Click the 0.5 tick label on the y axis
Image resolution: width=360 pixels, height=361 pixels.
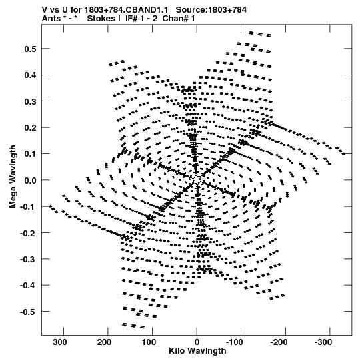tap(30, 49)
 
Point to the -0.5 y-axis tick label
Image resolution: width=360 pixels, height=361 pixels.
tap(28, 312)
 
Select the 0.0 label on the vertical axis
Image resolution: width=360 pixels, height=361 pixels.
tap(30, 180)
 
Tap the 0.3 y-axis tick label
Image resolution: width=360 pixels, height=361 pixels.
tap(30, 101)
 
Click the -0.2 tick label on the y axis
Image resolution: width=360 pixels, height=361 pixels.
tap(28, 233)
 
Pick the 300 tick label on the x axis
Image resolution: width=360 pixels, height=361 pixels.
tap(60, 342)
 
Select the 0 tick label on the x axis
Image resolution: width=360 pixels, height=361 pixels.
tap(197, 342)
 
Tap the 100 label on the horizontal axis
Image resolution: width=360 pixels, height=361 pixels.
tap(149, 342)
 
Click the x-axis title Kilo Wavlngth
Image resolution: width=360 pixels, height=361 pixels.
tap(197, 351)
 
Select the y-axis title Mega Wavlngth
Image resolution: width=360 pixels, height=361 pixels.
tap(13, 177)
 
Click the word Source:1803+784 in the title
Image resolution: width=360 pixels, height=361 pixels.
tap(211, 10)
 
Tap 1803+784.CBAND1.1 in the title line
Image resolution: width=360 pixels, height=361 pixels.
tap(126, 10)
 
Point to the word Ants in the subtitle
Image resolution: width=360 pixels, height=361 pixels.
tap(51, 19)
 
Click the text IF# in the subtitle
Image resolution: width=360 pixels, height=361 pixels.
tap(131, 19)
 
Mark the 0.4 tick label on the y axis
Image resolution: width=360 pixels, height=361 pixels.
tap(30, 75)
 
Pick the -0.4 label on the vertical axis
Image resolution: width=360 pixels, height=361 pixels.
tap(28, 286)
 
